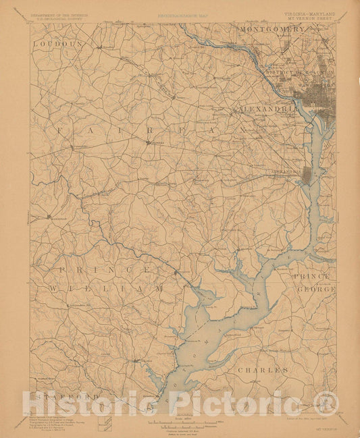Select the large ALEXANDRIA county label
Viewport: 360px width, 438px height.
click(267, 108)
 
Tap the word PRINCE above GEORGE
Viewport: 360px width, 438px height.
click(311, 276)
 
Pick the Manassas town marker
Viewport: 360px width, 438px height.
click(48, 217)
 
